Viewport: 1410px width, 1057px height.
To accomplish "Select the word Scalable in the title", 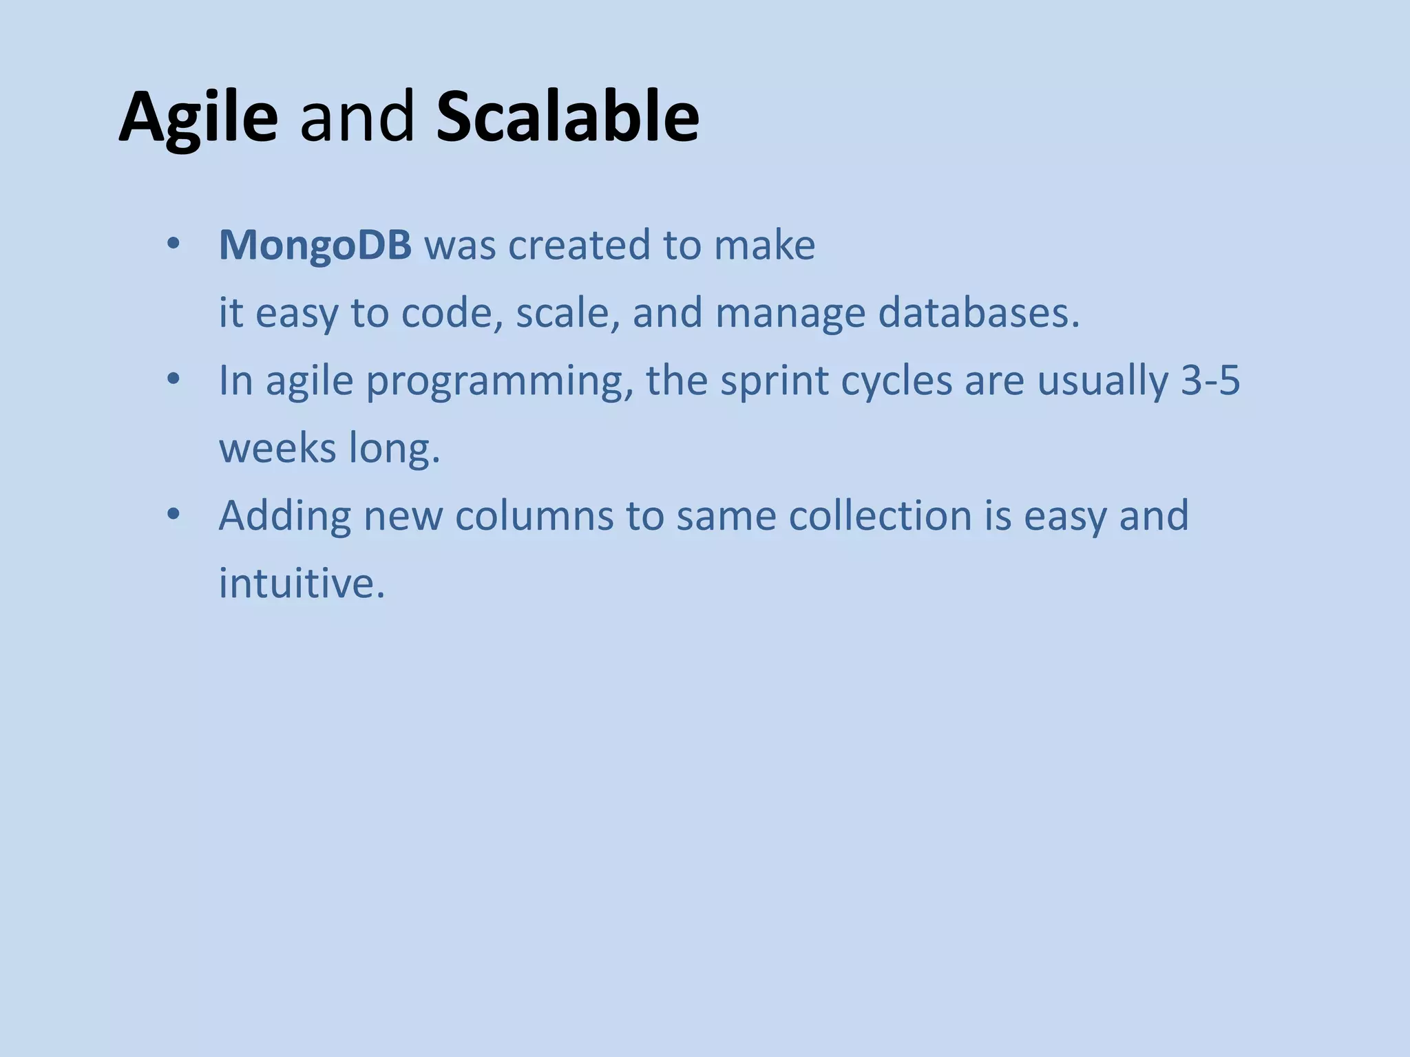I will pyautogui.click(x=567, y=117).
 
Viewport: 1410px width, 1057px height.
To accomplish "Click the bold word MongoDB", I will pyautogui.click(x=315, y=246).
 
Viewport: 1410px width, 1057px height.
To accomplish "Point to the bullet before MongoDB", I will pyautogui.click(x=173, y=244).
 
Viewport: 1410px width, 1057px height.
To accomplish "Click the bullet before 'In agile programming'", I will pyautogui.click(x=173, y=379).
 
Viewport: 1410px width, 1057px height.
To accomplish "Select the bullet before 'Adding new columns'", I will pyautogui.click(x=173, y=515).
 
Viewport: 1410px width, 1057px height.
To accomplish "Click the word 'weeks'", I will pyautogui.click(x=277, y=448).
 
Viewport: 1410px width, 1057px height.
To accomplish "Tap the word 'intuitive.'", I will pyautogui.click(x=302, y=583).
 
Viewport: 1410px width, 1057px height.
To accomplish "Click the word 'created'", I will pyautogui.click(x=579, y=246).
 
